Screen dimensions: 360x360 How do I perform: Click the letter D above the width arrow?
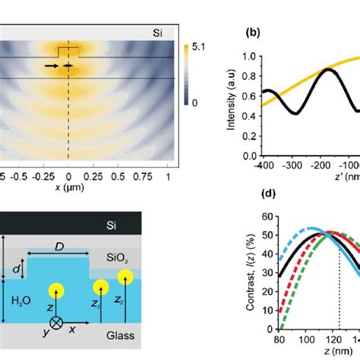pos(58,245)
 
